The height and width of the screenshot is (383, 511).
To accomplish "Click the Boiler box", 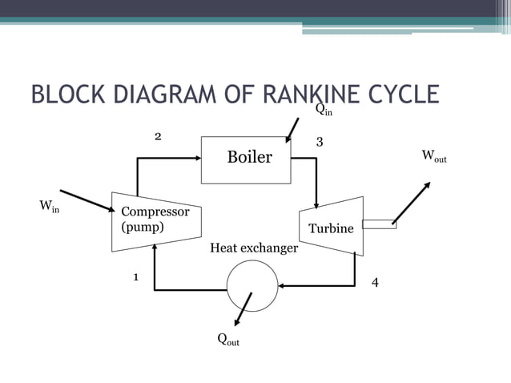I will tap(249, 157).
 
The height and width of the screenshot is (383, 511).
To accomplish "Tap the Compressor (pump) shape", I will tap(155, 219).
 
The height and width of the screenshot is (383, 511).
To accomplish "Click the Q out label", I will tap(228, 340).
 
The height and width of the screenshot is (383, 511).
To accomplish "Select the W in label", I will tap(50, 208).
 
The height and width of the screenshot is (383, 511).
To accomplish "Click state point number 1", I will tap(136, 277).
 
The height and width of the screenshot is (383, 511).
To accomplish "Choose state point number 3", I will tap(320, 142).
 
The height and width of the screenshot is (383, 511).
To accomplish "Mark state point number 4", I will tap(375, 283).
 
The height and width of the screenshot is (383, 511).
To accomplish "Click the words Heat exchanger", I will tap(253, 248).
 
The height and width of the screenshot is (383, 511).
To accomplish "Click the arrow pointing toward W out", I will tap(412, 202).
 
